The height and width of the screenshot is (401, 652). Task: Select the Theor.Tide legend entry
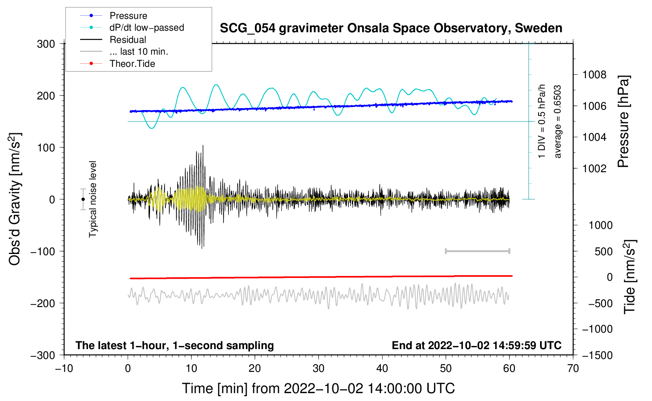coord(132,64)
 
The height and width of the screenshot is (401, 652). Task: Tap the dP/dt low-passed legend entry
coord(147,28)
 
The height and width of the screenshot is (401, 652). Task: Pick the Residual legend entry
coord(128,40)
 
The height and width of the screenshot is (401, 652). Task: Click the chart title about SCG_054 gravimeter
coord(391,28)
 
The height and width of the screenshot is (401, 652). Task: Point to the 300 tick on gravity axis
coord(46,44)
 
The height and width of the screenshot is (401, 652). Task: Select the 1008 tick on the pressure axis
coord(594,75)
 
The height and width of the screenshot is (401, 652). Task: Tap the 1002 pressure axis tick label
coord(594,169)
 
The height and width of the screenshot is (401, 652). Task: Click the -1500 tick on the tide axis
coord(597,355)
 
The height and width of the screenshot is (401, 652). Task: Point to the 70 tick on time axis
coord(573,368)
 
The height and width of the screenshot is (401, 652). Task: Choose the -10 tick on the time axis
coord(64,368)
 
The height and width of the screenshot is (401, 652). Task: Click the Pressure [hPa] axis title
coord(623,122)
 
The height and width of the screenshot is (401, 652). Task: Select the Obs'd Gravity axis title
coord(15,199)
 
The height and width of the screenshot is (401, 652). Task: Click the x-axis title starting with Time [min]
coord(318,388)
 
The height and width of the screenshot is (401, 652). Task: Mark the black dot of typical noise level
coord(83,199)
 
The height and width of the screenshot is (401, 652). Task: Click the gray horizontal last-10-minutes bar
coord(477,251)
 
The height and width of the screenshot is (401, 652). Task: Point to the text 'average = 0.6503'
coord(558,122)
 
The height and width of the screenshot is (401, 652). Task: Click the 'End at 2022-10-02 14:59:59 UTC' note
coord(476,345)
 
